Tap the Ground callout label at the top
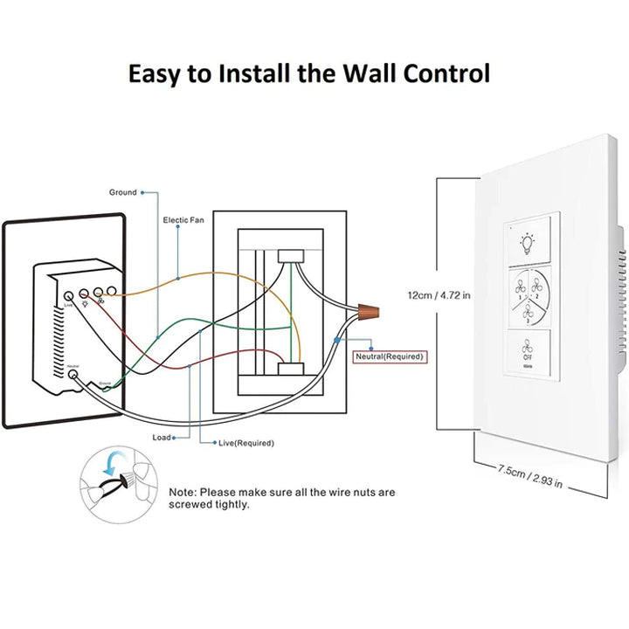pyautogui.click(x=122, y=192)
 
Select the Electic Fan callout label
pyautogui.click(x=183, y=220)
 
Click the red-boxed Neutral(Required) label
pyautogui.click(x=389, y=356)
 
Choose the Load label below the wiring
pyautogui.click(x=162, y=437)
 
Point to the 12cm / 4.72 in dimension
pyautogui.click(x=439, y=295)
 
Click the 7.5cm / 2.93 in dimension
pyautogui.click(x=530, y=477)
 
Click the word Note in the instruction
pyautogui.click(x=183, y=493)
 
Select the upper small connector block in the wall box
pyautogui.click(x=289, y=256)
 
